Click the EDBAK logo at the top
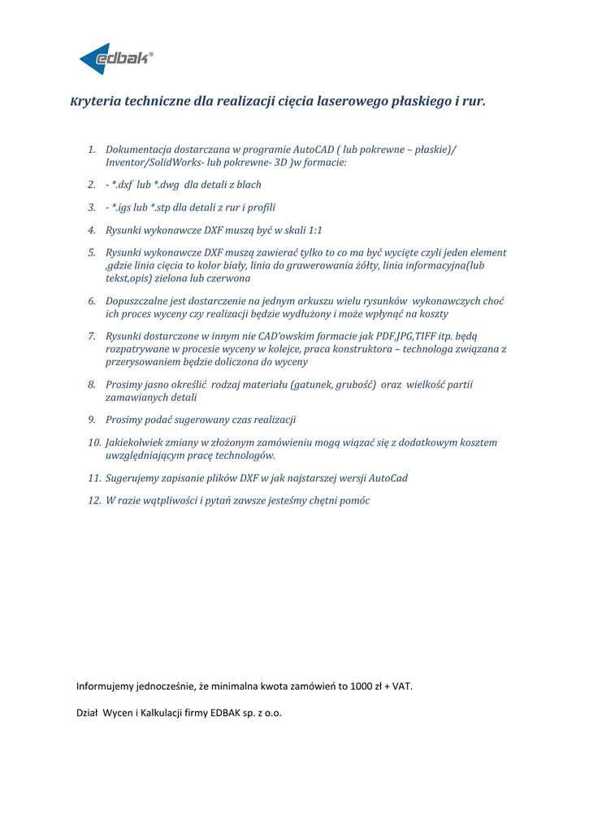coord(116,59)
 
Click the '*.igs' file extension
coord(123,207)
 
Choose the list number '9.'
coord(93,420)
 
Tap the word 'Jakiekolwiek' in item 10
coord(137,443)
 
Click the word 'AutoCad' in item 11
coord(387,478)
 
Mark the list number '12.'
coord(94,500)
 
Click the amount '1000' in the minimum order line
coord(362,686)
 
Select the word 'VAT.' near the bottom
coord(402,686)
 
